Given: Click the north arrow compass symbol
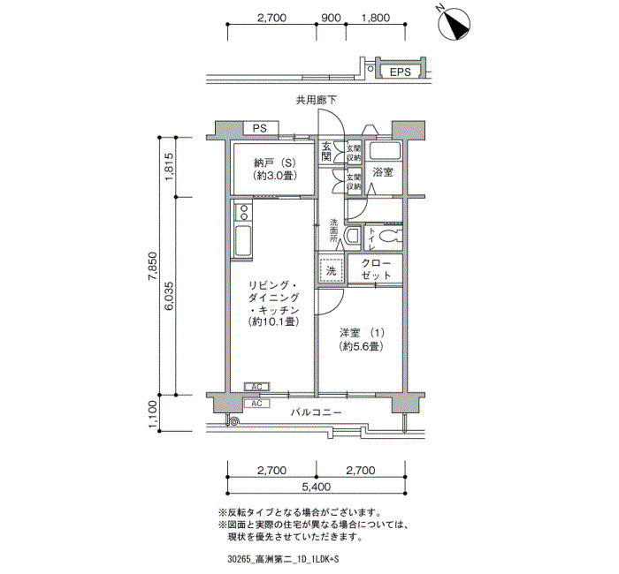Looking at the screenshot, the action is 455,25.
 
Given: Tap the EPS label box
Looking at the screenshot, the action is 400,72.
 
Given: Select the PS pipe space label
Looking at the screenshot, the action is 260,129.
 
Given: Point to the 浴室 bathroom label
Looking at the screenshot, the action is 383,172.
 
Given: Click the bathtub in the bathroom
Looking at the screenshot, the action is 385,152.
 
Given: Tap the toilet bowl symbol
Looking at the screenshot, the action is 390,237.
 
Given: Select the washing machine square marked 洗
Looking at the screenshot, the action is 331,270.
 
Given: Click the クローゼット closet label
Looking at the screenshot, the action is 376,268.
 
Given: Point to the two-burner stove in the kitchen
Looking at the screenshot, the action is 243,212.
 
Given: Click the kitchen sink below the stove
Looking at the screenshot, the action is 243,240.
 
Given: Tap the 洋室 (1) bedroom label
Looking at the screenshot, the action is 361,339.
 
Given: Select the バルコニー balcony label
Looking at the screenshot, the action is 316,412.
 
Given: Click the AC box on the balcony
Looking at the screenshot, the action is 256,404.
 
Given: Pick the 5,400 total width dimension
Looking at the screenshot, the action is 317,487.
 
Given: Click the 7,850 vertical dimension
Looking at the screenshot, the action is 153,266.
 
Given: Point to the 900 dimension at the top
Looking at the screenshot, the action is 331,18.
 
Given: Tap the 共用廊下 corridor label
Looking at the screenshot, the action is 317,100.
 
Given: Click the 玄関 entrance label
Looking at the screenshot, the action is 326,152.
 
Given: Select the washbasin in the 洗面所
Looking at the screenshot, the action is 352,236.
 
